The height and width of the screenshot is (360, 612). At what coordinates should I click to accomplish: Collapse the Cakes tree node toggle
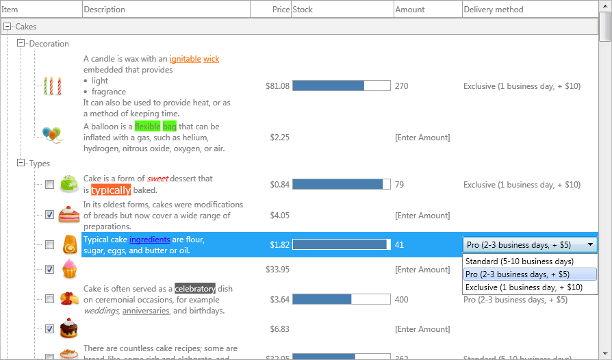pyautogui.click(x=8, y=27)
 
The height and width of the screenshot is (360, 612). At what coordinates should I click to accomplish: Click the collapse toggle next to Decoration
pyautogui.click(x=21, y=43)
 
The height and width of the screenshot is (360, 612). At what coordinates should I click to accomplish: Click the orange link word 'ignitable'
pyautogui.click(x=185, y=59)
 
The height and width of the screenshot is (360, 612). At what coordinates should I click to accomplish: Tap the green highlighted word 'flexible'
pyautogui.click(x=147, y=127)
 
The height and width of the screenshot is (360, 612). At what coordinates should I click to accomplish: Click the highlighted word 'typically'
pyautogui.click(x=111, y=190)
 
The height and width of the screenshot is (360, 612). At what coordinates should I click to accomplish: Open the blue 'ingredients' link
pyautogui.click(x=149, y=240)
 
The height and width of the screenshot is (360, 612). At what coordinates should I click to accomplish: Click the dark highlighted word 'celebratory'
pyautogui.click(x=195, y=289)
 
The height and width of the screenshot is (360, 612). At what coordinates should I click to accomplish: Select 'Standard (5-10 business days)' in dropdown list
pyautogui.click(x=519, y=261)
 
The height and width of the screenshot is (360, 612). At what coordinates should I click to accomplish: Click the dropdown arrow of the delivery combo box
pyautogui.click(x=590, y=245)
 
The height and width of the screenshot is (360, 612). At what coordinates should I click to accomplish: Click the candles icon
pyautogui.click(x=53, y=86)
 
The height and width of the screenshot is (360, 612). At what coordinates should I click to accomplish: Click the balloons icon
pyautogui.click(x=52, y=133)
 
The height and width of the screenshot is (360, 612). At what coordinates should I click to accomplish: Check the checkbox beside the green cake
pyautogui.click(x=49, y=185)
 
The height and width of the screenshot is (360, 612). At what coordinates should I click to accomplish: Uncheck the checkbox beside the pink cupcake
pyautogui.click(x=49, y=270)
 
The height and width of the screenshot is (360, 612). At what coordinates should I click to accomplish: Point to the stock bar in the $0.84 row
pyautogui.click(x=341, y=185)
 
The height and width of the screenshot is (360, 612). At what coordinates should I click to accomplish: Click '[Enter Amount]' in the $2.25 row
pyautogui.click(x=422, y=138)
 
